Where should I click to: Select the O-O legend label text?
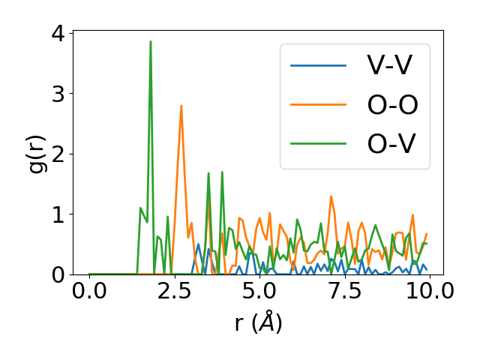click(x=392, y=105)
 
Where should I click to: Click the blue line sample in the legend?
click(x=319, y=66)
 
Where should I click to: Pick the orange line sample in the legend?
click(x=319, y=105)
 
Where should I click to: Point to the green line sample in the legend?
click(x=319, y=143)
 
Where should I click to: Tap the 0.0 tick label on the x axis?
click(x=89, y=291)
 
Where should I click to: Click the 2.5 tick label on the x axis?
click(x=174, y=291)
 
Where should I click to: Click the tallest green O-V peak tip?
click(x=151, y=42)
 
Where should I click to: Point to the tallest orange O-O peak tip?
click(x=181, y=106)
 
